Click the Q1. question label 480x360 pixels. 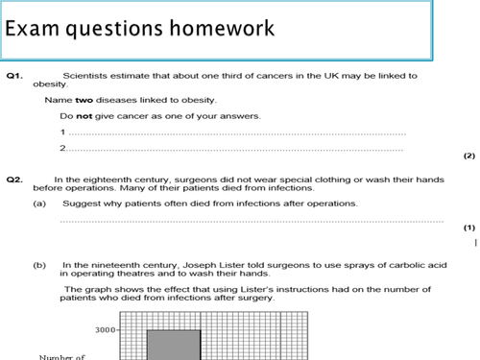[x=15, y=76]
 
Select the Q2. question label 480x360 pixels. [x=15, y=179]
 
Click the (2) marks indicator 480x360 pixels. [x=468, y=155]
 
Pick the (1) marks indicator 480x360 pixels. [x=468, y=228]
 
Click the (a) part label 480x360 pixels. [x=39, y=204]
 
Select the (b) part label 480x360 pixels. [x=39, y=264]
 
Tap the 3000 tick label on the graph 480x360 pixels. [x=105, y=330]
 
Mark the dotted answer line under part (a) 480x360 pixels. [x=240, y=221]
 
